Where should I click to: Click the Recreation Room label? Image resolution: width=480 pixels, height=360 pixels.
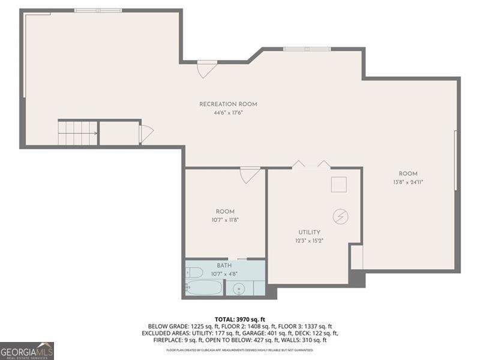click(x=228, y=104)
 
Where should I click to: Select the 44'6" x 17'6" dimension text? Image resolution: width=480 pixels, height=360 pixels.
click(x=228, y=113)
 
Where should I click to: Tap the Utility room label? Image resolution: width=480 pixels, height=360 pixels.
click(x=309, y=232)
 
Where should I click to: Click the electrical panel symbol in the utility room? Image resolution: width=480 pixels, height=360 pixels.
click(x=340, y=216)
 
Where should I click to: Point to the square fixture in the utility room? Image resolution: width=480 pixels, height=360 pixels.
click(x=339, y=184)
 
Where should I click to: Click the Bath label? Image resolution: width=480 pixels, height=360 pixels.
click(x=225, y=266)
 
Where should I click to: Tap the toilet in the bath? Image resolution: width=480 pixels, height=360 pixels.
click(x=194, y=272)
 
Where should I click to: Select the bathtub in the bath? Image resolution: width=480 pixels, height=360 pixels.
click(x=204, y=287)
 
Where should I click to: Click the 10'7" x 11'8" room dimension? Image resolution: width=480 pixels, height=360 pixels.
click(x=225, y=220)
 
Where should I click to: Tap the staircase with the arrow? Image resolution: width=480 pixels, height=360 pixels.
click(x=77, y=133)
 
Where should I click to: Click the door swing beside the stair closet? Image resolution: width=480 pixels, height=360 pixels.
click(x=146, y=134)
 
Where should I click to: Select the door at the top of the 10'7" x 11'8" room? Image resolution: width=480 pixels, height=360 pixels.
click(x=250, y=175)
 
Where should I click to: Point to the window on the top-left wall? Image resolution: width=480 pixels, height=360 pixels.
click(x=98, y=10)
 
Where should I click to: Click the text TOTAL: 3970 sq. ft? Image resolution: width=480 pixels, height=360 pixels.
click(x=240, y=319)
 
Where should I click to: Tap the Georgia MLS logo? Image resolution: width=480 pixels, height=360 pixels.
click(x=27, y=350)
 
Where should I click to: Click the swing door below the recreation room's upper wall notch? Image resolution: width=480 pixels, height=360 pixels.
click(x=206, y=69)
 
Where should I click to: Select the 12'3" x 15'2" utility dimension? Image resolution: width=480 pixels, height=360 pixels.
click(x=309, y=241)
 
